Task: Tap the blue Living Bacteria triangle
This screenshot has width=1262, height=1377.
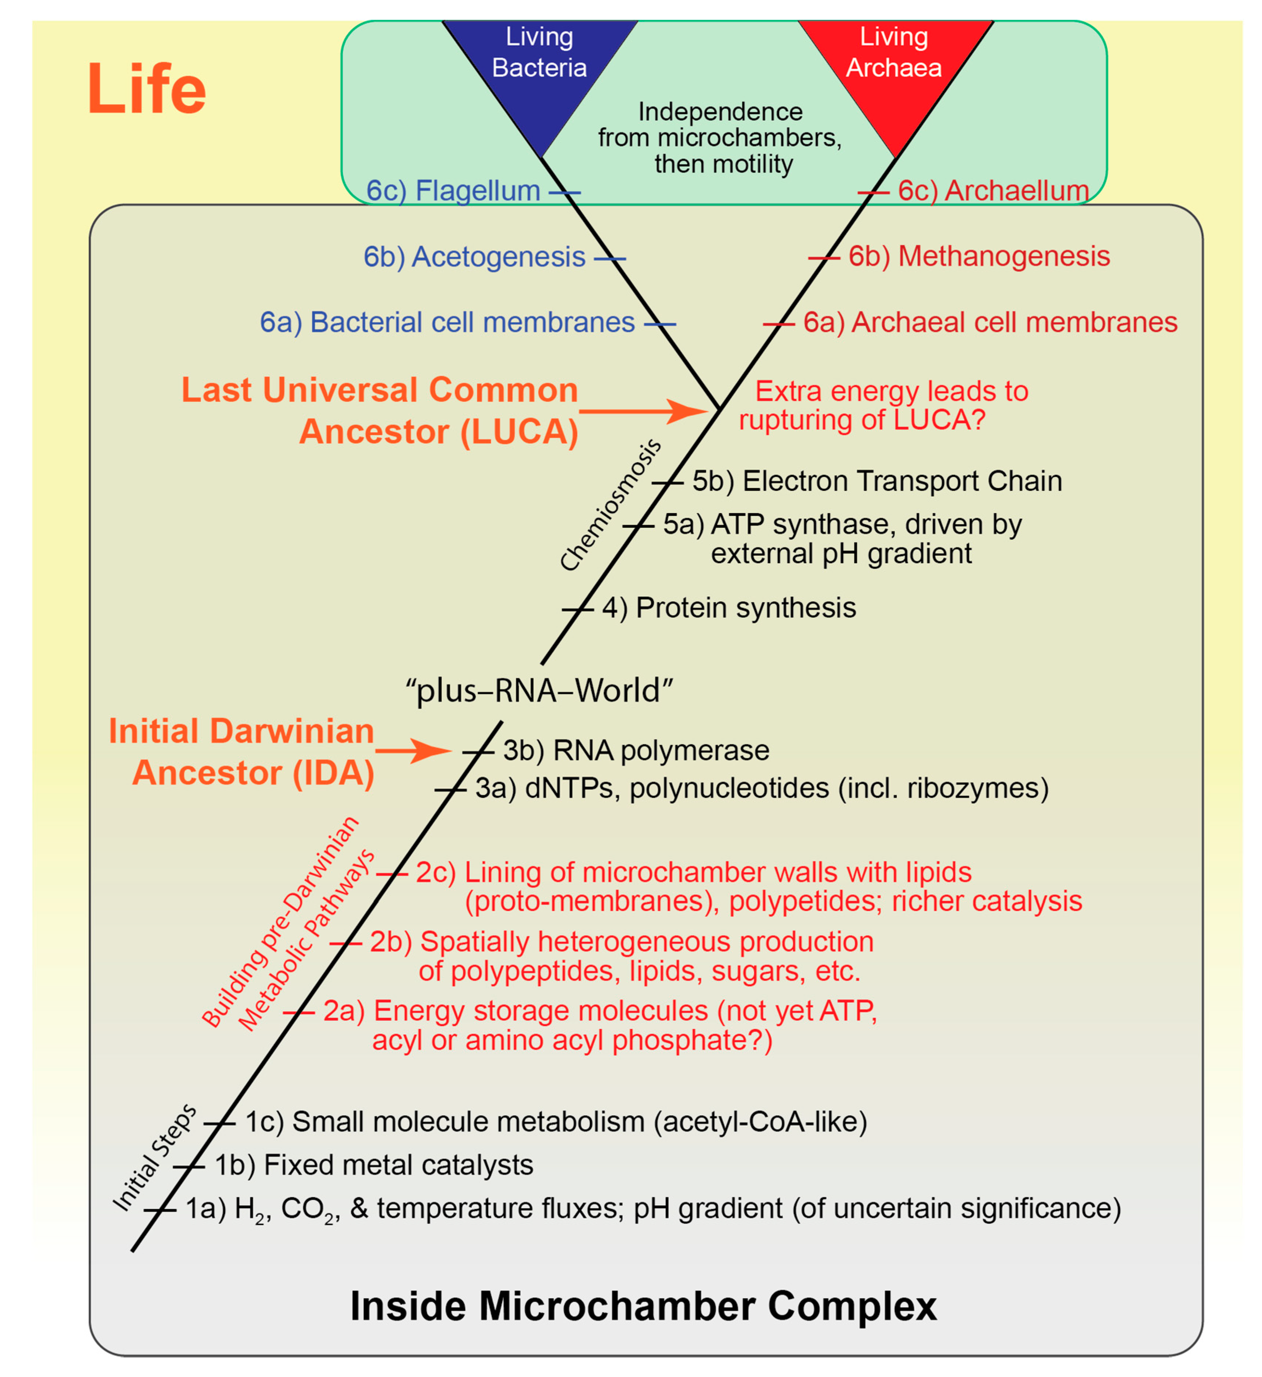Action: pyautogui.click(x=539, y=68)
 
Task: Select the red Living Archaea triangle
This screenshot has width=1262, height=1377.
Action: pyautogui.click(x=894, y=68)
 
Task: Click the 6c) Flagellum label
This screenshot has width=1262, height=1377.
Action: pyautogui.click(x=453, y=190)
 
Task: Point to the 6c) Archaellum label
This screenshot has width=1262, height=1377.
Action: pyautogui.click(x=993, y=190)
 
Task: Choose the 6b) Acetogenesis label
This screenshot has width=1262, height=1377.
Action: pyautogui.click(x=475, y=257)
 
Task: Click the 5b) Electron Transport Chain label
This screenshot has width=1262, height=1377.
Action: pyautogui.click(x=877, y=481)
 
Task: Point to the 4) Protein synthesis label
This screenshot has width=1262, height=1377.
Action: pyautogui.click(x=729, y=607)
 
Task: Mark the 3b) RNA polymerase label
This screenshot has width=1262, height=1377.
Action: pyautogui.click(x=636, y=750)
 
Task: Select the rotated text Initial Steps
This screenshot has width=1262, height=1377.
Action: pyautogui.click(x=155, y=1159)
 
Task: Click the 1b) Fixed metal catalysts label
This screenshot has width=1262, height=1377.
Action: pyautogui.click(x=373, y=1165)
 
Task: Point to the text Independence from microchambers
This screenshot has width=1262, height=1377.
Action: pyautogui.click(x=720, y=125)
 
